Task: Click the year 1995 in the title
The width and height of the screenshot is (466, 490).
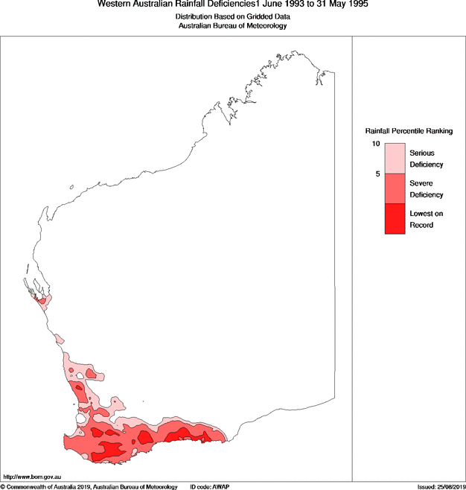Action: coord(354,4)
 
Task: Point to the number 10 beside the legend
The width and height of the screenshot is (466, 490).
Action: coord(377,144)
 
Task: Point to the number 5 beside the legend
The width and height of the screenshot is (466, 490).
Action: coord(378,174)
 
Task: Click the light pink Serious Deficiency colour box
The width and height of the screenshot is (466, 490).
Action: coord(395,159)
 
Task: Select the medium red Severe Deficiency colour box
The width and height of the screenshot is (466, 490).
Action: coord(395,189)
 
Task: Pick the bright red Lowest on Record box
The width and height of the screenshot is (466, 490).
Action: coord(395,219)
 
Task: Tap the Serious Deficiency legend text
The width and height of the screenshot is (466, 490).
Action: coord(427,159)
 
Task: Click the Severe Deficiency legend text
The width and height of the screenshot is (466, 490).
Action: coord(427,189)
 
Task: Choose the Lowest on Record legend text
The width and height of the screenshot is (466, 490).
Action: coord(427,219)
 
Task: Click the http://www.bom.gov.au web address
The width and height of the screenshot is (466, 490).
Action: coord(31,476)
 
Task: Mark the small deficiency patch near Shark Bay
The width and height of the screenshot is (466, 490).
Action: coord(43,301)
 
